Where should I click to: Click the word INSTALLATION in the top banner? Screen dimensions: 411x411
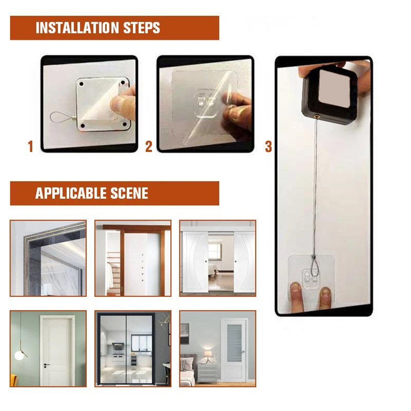pyautogui.click(x=77, y=28)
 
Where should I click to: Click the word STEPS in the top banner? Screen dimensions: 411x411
pyautogui.click(x=142, y=28)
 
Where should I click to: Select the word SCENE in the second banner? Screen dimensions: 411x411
pyautogui.click(x=129, y=193)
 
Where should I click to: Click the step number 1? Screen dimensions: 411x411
pyautogui.click(x=31, y=147)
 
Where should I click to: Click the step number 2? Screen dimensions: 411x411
pyautogui.click(x=149, y=147)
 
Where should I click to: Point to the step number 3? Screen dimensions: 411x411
pyautogui.click(x=268, y=147)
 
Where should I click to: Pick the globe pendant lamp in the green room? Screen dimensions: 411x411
pyautogui.click(x=19, y=356)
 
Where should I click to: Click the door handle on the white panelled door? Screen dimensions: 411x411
pyautogui.click(x=46, y=365)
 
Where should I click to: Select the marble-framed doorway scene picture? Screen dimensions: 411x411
pyautogui.click(x=48, y=258)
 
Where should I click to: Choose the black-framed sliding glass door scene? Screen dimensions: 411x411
pyautogui.click(x=133, y=349)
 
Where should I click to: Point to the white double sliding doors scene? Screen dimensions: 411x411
pyautogui.click(x=218, y=258)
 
